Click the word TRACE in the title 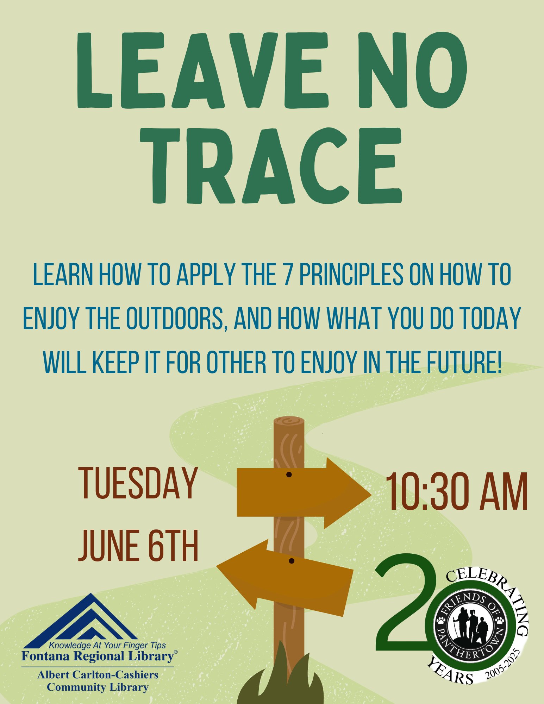click(x=271, y=165)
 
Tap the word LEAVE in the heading click(x=203, y=70)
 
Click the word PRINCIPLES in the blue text click(x=351, y=274)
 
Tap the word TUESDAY click(x=138, y=483)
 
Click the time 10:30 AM click(x=457, y=492)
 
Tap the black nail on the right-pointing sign click(x=289, y=475)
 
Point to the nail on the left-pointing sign click(x=291, y=561)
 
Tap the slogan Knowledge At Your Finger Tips click(x=107, y=645)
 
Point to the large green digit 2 click(x=405, y=603)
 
